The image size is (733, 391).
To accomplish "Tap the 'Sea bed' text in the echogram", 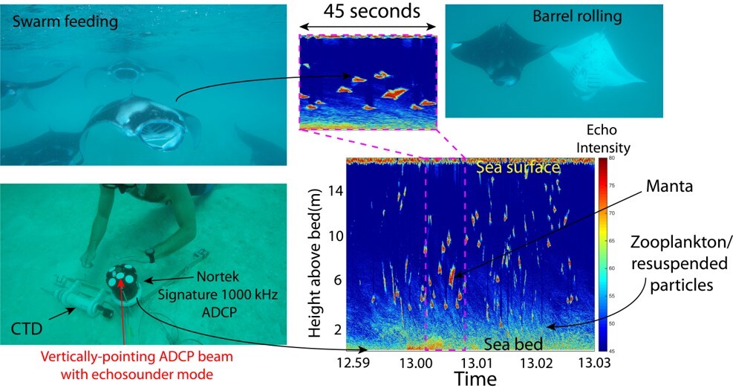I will (511, 344).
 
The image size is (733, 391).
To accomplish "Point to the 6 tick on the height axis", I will (336, 280).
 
